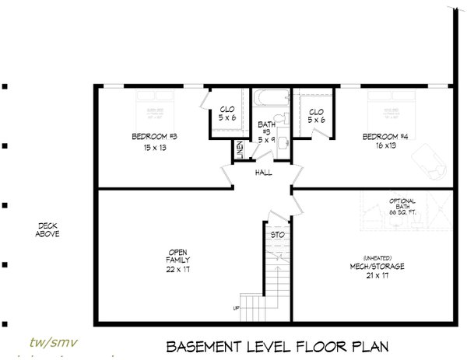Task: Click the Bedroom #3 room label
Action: click(x=154, y=137)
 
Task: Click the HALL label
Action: click(x=263, y=173)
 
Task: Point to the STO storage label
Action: click(x=276, y=233)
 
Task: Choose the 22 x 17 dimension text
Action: click(x=178, y=268)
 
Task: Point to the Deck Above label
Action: click(x=48, y=229)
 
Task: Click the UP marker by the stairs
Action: click(x=236, y=309)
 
